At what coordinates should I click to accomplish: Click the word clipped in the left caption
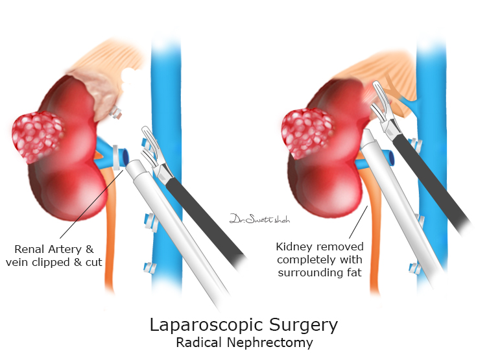tap(61, 261)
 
